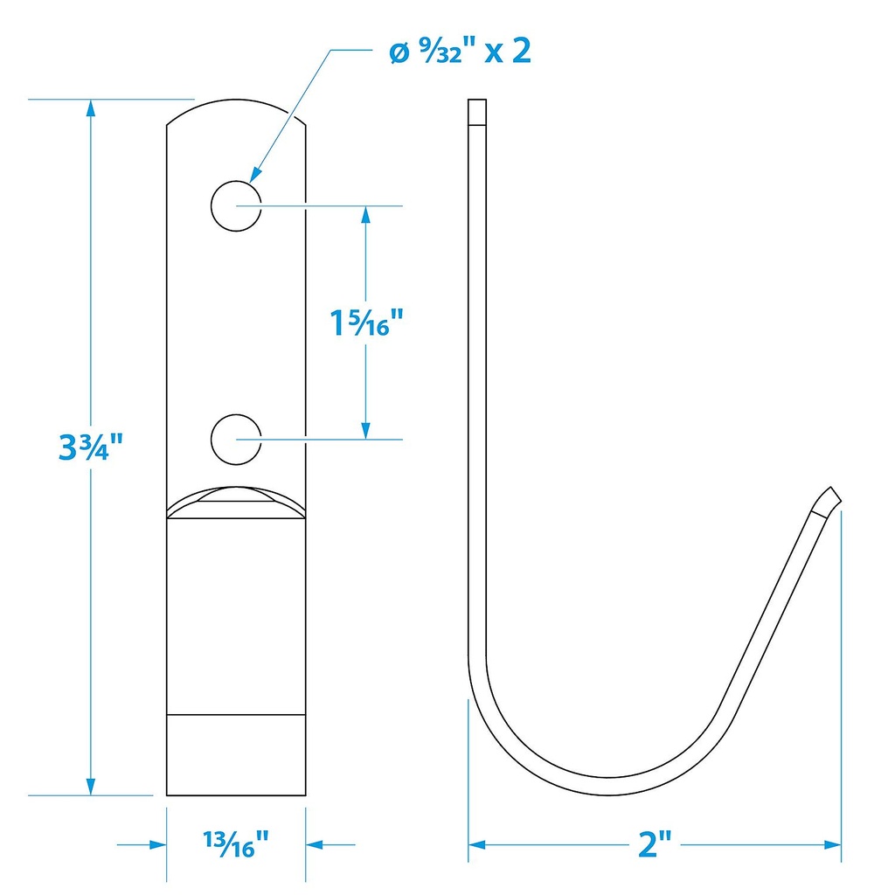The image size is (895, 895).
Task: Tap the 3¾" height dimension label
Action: tap(91, 446)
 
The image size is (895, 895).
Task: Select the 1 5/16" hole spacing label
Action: tap(366, 323)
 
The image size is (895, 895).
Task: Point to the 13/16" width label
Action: tap(236, 844)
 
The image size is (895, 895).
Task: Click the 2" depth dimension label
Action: tap(655, 843)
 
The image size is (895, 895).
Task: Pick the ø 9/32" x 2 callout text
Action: tap(460, 52)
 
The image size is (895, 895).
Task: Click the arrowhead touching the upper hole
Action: tap(256, 175)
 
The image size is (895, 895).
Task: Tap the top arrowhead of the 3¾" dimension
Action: tap(91, 108)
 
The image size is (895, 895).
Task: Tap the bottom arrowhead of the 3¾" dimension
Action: tap(91, 786)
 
